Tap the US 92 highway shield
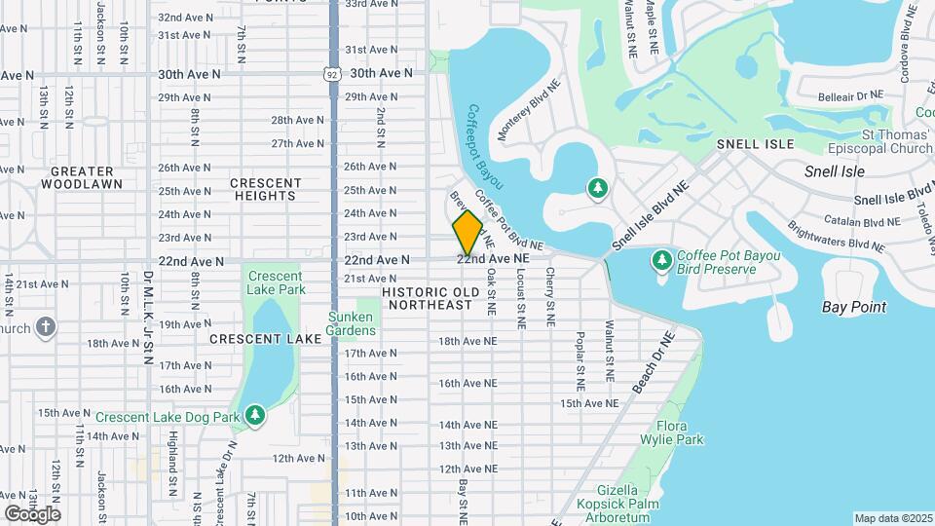coord(333,73)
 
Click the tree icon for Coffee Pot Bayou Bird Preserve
coord(662,259)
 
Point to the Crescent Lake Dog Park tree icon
coord(255,416)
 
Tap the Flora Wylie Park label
coord(679,432)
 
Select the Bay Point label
coord(853,307)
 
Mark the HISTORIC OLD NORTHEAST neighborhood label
coord(430,298)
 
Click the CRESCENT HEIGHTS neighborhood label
coord(264,189)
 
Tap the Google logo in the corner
coord(32,513)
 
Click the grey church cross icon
coord(45,326)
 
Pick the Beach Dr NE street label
coord(654,362)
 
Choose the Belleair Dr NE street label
coord(849,95)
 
